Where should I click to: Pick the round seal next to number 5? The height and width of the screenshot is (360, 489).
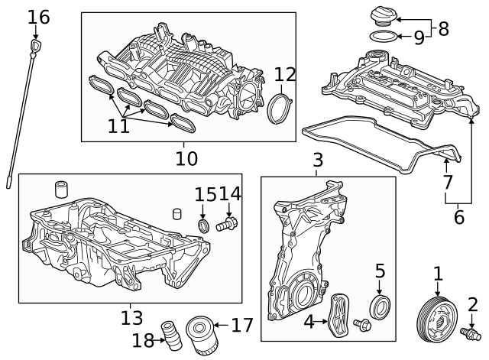[x=380, y=306]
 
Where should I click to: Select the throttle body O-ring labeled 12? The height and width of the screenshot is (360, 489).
[x=280, y=109]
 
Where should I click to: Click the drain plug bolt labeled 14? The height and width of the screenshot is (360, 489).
[x=228, y=225]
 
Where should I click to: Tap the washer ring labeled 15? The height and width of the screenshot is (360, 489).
[x=203, y=226]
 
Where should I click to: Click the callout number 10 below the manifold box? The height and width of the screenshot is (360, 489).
[x=186, y=158]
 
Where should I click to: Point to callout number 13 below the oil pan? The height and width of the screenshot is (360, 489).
[x=131, y=316]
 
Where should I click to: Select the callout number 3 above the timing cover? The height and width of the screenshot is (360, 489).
[x=318, y=161]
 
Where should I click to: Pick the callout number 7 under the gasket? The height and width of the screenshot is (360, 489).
[x=447, y=183]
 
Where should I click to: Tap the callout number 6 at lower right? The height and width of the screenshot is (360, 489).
[x=458, y=217]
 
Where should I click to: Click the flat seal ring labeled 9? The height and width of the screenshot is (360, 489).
[x=384, y=37]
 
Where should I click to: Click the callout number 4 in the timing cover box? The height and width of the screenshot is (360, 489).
[x=309, y=322]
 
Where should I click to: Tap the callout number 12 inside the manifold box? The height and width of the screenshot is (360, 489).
[x=284, y=75]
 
